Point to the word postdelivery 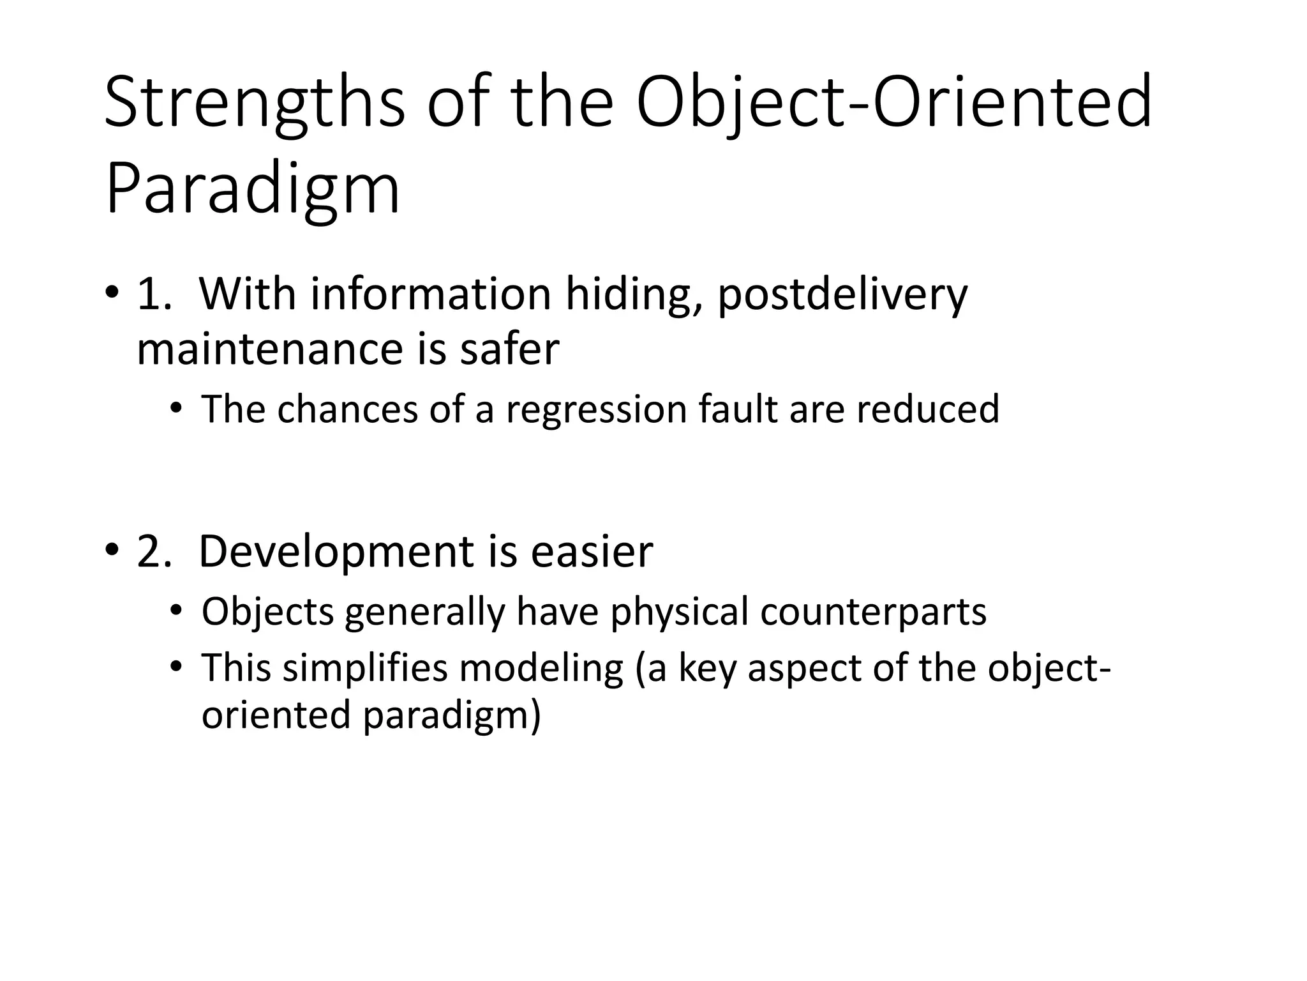coord(842,296)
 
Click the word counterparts coord(873,612)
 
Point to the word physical coord(679,612)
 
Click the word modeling coord(541,668)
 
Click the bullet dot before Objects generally coord(176,612)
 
